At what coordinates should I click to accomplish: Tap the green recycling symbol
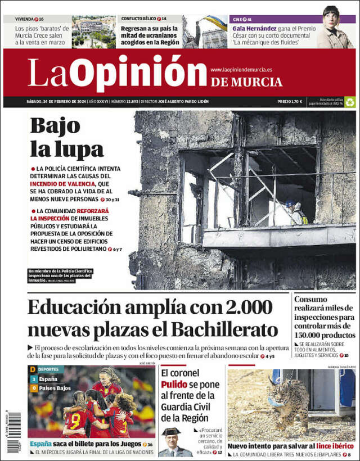(350, 102)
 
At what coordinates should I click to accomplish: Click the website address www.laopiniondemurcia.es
(241, 70)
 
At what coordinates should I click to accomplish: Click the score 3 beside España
(33, 379)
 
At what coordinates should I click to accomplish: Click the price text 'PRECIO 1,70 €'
(289, 102)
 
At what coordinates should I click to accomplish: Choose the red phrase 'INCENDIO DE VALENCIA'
(62, 183)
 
